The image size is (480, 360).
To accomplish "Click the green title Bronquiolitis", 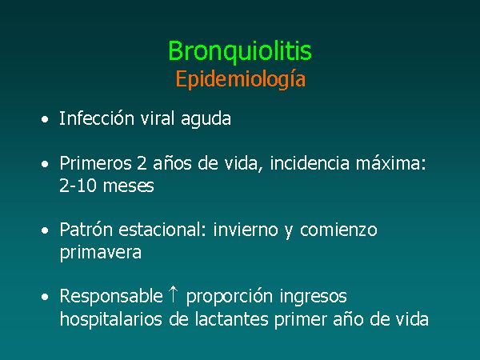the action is click(x=240, y=51).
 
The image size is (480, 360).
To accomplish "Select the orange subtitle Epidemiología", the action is click(x=241, y=79).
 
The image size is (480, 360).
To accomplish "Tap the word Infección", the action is click(x=97, y=118).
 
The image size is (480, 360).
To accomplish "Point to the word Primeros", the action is click(x=95, y=163).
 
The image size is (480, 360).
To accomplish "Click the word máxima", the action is click(x=390, y=163).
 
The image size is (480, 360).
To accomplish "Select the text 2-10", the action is click(x=78, y=186).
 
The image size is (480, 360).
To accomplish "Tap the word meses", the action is click(x=129, y=186).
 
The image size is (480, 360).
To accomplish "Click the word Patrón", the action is click(x=86, y=230).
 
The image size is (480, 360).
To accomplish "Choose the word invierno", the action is click(x=246, y=230).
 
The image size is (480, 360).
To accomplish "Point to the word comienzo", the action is click(x=338, y=230).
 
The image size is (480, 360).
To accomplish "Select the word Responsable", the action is click(x=111, y=296).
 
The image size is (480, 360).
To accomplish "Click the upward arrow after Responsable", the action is click(x=174, y=294).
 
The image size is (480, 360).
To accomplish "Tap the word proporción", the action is click(x=230, y=297).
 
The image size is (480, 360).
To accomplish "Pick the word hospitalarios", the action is click(x=111, y=319).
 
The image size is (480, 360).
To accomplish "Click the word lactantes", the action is click(x=231, y=318).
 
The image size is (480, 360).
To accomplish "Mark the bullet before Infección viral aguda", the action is click(x=45, y=119).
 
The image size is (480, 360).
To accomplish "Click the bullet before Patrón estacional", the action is click(x=45, y=230).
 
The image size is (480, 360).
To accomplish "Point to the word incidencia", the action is click(x=310, y=163).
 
